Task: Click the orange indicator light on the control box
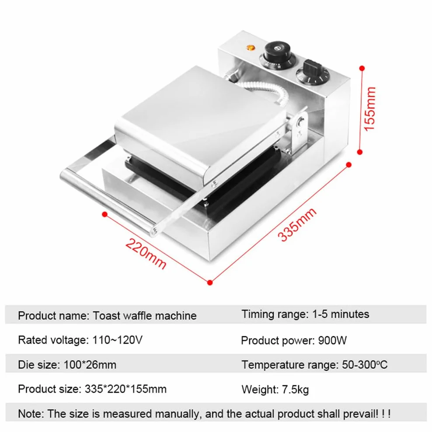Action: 251,48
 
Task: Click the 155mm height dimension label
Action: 370,109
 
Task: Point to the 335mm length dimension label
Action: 297,225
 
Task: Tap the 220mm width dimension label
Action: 146,253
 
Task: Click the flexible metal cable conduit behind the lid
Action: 265,90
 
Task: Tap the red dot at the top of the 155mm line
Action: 362,68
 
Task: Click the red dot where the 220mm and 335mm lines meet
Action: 210,282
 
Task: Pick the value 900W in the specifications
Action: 332,341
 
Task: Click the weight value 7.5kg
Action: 295,390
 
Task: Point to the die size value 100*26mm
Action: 90,365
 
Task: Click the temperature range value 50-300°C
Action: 365,365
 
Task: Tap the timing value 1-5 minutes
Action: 341,314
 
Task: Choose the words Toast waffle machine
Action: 145,316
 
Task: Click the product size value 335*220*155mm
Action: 125,389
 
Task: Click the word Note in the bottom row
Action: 30,414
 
